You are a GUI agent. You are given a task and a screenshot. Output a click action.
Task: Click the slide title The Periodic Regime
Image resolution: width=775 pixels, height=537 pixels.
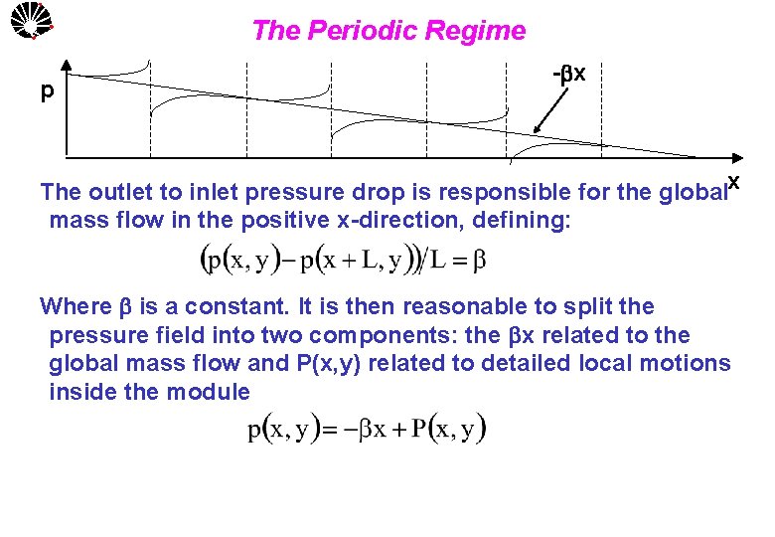388,31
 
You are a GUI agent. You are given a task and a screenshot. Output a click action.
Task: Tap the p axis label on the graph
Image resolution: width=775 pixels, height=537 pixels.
47,92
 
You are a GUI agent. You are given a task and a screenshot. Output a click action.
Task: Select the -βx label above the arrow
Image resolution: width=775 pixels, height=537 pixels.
568,76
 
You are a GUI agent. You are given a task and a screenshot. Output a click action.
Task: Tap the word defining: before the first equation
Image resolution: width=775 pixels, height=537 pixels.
521,220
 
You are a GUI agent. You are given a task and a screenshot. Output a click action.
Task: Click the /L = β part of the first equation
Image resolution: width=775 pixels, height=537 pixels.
453,263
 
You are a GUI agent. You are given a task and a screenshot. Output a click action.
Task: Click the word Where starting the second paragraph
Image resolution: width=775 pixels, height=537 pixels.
76,306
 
